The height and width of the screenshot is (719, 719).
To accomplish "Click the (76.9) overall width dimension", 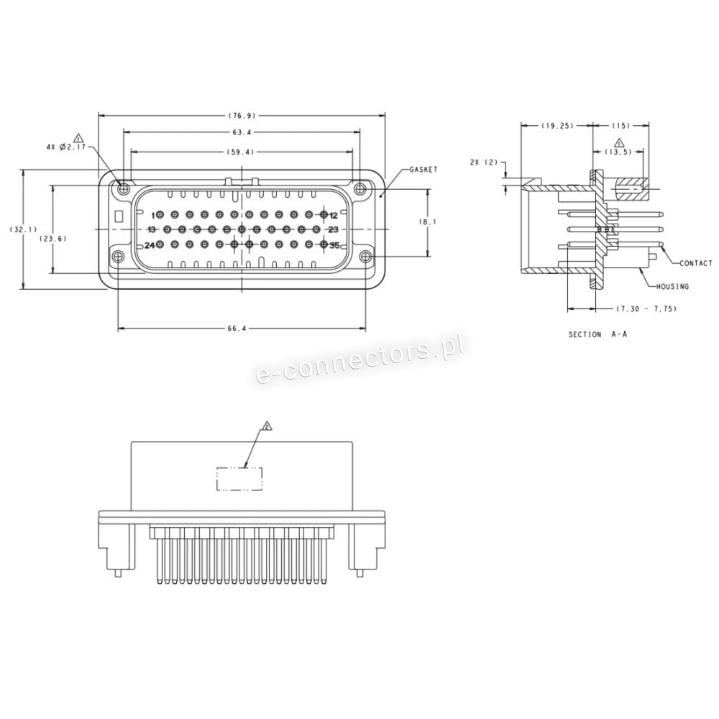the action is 242,115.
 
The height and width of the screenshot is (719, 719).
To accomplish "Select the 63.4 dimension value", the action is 242,132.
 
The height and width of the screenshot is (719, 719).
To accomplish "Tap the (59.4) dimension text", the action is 242,152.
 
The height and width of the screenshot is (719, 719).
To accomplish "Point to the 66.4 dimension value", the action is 237,329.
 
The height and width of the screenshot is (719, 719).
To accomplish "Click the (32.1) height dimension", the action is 24,229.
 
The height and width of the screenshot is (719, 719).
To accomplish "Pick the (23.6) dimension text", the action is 53,239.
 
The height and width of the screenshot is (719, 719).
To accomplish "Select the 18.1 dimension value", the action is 428,222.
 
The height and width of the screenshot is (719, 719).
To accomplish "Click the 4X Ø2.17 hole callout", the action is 66,147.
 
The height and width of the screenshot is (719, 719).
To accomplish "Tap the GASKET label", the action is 423,170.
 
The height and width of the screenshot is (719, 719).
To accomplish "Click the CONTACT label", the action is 696,263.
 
